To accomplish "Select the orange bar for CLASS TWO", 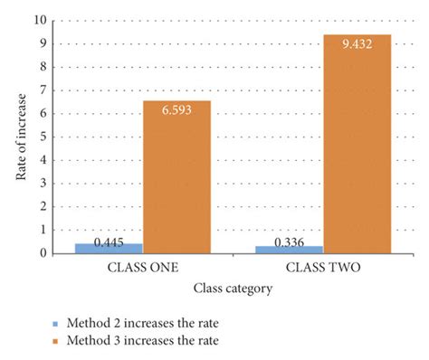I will click(x=357, y=145).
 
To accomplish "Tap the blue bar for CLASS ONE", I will click(x=109, y=248).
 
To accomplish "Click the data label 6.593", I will click(x=176, y=110).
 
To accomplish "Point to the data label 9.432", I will click(x=357, y=44).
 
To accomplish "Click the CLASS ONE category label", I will click(x=142, y=269).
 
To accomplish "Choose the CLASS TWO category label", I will click(x=323, y=269).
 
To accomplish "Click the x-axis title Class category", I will click(x=233, y=289).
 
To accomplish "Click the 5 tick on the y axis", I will click(x=43, y=137).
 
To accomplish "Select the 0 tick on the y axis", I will click(x=43, y=254).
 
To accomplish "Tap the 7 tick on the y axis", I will click(x=43, y=90).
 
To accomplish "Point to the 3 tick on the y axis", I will click(x=43, y=184).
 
